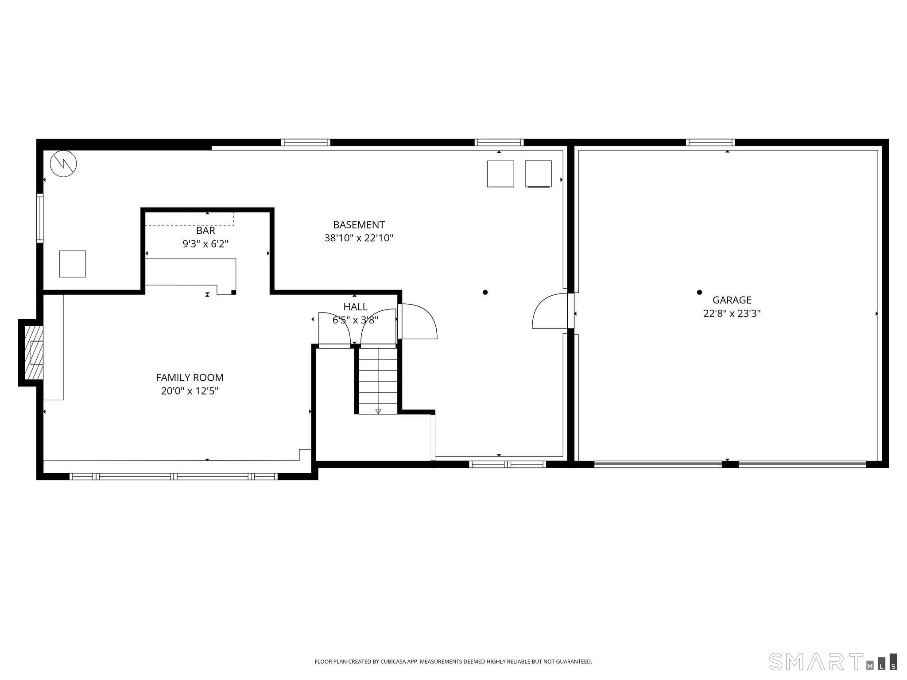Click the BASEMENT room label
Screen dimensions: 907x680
point(359,225)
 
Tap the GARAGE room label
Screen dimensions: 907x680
point(732,300)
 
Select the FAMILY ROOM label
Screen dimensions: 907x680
point(190,378)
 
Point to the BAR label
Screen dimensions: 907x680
point(205,231)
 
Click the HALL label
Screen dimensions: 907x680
point(355,307)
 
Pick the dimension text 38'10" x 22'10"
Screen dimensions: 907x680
point(359,238)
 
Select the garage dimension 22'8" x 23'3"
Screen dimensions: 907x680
point(732,313)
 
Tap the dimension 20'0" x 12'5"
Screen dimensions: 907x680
point(190,391)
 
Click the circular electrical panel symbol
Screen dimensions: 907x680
point(63,163)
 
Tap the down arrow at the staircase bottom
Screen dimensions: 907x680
point(378,411)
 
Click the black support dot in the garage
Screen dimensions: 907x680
point(699,292)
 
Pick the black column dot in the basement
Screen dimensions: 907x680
point(485,292)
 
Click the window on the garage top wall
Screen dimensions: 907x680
point(710,143)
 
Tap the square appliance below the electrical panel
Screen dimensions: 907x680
point(73,264)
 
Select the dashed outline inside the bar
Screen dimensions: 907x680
point(190,219)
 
